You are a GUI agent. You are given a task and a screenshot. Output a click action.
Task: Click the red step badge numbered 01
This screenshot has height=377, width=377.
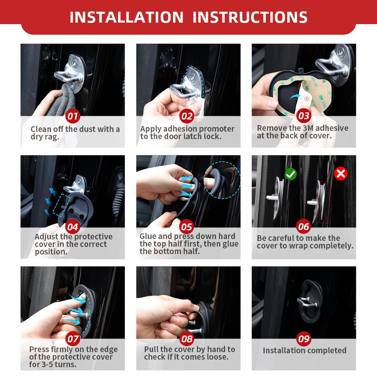73,116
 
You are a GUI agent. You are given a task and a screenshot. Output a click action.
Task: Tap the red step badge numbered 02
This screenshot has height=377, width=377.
187,116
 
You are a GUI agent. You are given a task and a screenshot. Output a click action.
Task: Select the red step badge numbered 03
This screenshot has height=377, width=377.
303,116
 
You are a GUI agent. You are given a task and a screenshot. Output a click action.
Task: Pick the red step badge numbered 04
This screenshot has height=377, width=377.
73,227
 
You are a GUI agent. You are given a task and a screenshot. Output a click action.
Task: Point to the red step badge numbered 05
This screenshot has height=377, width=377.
187,227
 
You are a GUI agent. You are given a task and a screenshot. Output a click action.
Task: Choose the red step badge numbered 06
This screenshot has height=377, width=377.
303,226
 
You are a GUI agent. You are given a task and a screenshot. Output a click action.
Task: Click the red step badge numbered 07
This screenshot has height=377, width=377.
73,339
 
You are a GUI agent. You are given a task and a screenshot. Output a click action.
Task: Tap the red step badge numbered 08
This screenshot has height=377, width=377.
187,339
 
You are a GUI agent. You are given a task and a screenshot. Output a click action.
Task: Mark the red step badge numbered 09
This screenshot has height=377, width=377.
303,339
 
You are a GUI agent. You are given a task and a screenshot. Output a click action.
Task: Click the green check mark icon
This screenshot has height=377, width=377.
290,174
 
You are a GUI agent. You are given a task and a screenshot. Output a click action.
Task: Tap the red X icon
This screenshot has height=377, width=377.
341,173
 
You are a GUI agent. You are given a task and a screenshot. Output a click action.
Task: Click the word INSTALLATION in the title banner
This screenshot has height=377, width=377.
126,17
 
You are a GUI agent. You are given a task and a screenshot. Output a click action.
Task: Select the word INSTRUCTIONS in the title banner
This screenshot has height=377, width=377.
250,17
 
